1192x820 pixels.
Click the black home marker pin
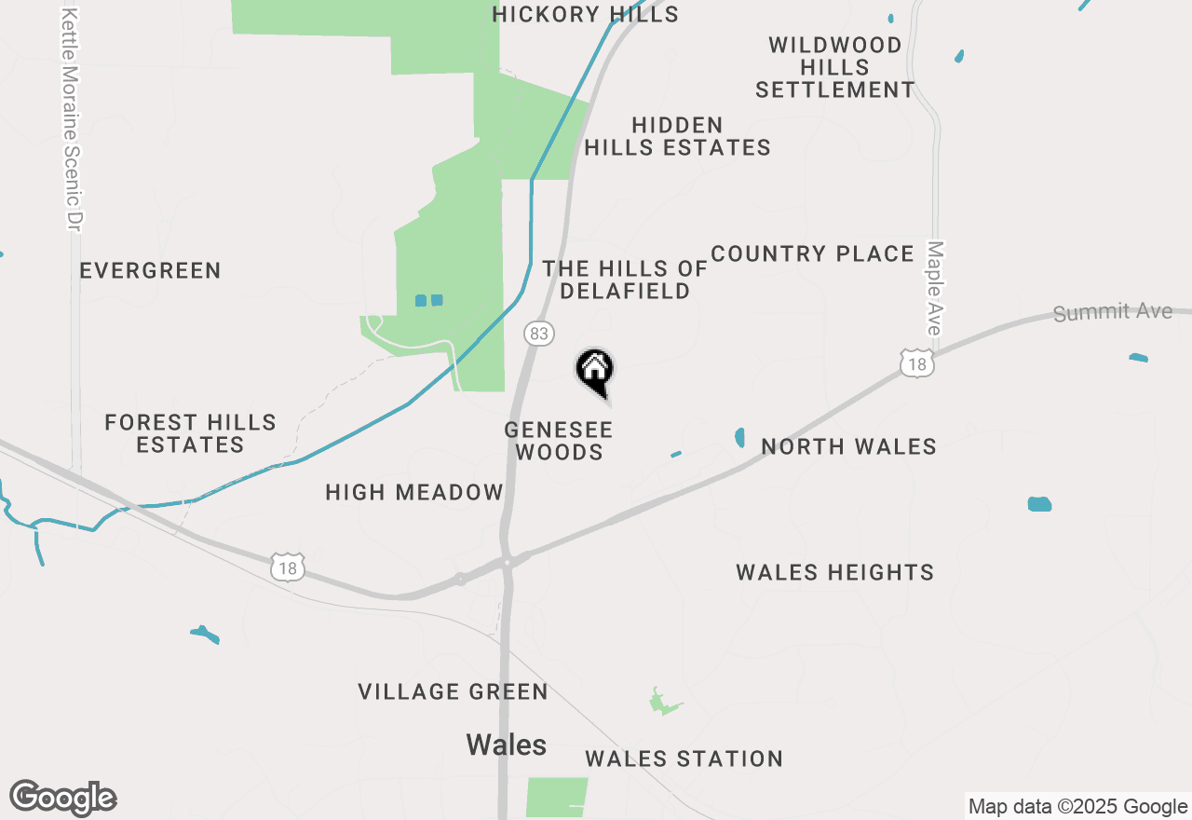(x=595, y=371)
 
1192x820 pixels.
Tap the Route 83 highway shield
(x=538, y=334)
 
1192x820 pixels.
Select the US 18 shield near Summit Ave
(x=917, y=363)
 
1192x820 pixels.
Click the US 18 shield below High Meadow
(x=289, y=567)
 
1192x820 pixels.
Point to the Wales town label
(x=506, y=745)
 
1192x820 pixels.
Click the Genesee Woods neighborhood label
(x=559, y=441)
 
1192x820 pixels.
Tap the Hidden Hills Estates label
(x=677, y=136)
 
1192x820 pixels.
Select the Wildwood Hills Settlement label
(x=834, y=67)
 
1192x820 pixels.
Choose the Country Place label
(x=812, y=253)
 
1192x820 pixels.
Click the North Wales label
(x=848, y=446)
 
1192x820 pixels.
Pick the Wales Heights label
(x=834, y=572)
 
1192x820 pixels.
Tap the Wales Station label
(x=684, y=758)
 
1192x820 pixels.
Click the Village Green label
(x=453, y=691)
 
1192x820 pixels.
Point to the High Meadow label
(x=414, y=492)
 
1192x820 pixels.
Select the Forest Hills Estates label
(x=190, y=433)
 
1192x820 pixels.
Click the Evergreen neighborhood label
(x=150, y=270)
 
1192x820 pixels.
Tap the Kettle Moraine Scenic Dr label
(x=72, y=119)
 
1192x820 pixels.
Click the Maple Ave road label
(x=934, y=288)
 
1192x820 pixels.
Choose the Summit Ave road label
(x=1112, y=312)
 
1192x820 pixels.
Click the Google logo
(x=63, y=799)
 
